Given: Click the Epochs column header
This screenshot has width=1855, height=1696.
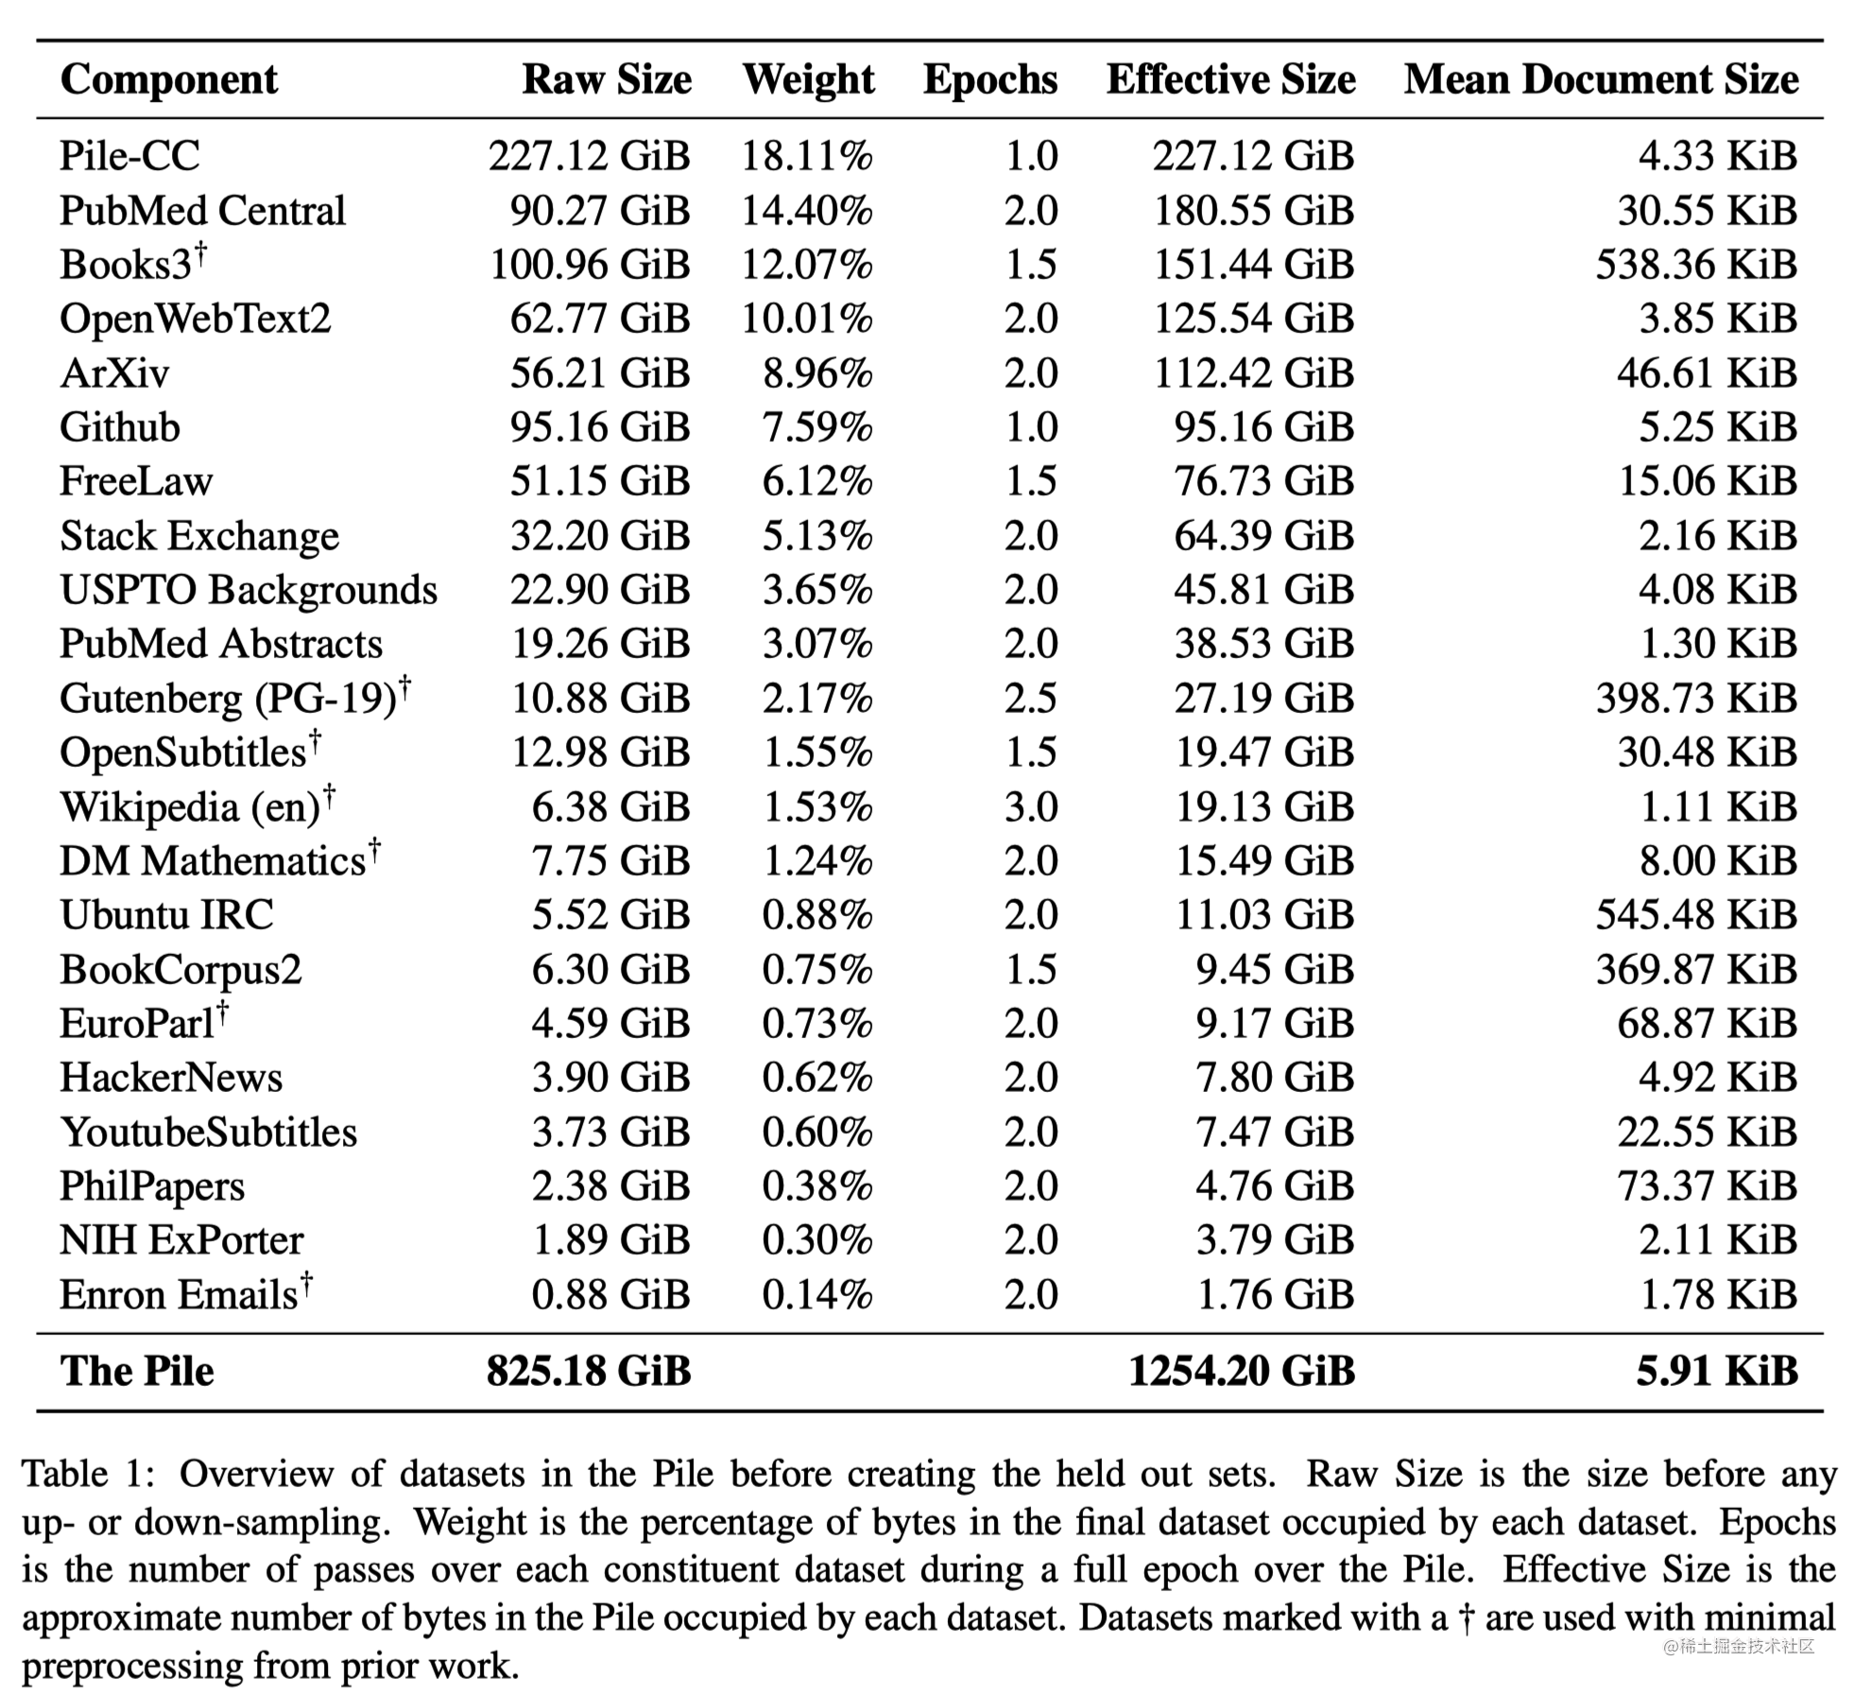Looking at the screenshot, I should click(989, 79).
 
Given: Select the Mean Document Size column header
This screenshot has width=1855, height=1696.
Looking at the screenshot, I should click(1600, 79).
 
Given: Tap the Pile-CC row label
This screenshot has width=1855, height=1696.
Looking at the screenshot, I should click(129, 156).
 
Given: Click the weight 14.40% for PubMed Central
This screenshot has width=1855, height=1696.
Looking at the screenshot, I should click(806, 211).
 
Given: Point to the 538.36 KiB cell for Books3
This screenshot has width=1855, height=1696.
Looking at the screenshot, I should click(1695, 265).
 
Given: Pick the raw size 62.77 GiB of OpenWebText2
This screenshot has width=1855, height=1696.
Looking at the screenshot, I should click(600, 319).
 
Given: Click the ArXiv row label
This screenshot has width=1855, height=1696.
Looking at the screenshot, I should click(114, 373).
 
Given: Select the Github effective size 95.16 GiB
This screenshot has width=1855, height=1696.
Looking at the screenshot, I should click(1263, 427).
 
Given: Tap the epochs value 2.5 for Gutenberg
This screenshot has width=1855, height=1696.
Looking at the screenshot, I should click(1030, 699).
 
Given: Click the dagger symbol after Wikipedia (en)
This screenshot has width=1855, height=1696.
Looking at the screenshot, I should click(330, 797).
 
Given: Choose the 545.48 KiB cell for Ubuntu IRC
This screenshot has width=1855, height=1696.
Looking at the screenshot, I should click(1695, 915).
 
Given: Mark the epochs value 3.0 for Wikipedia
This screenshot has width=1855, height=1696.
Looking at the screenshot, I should click(1030, 807).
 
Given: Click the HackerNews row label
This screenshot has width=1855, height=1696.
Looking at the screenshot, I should click(171, 1078).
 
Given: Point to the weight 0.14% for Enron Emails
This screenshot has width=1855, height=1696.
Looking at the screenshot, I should click(816, 1295).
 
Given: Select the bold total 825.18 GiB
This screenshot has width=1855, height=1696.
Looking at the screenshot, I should click(589, 1372).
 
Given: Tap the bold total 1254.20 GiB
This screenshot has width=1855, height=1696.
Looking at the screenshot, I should click(1241, 1372).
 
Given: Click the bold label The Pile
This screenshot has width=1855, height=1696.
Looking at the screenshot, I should click(137, 1372).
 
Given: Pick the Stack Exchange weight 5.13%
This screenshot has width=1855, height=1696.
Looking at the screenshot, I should click(816, 536).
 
